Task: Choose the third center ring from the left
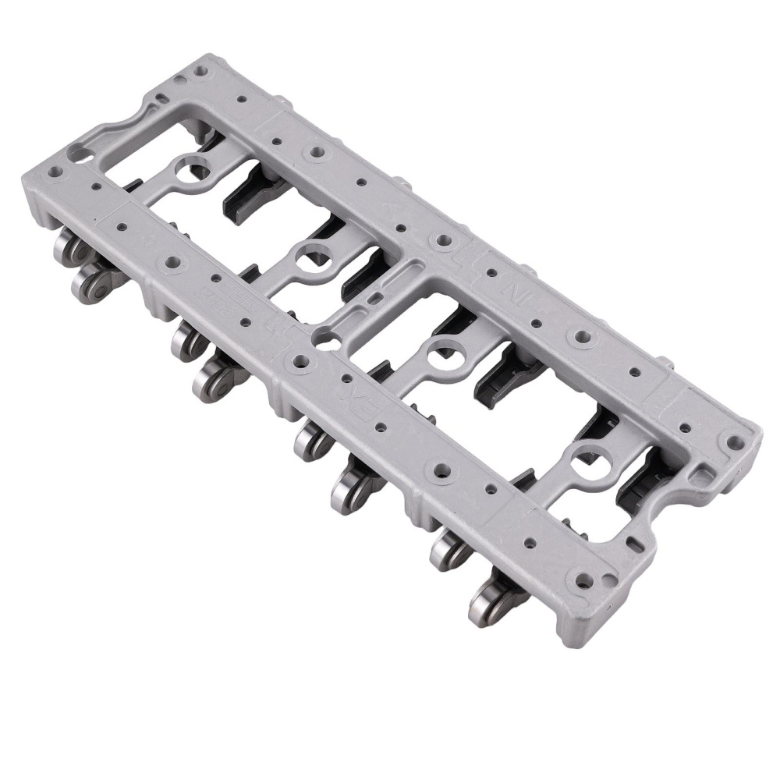pos(443,350)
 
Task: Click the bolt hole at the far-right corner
pos(733,441)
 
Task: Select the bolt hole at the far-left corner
pos(55,169)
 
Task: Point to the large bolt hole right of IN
pos(581,336)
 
